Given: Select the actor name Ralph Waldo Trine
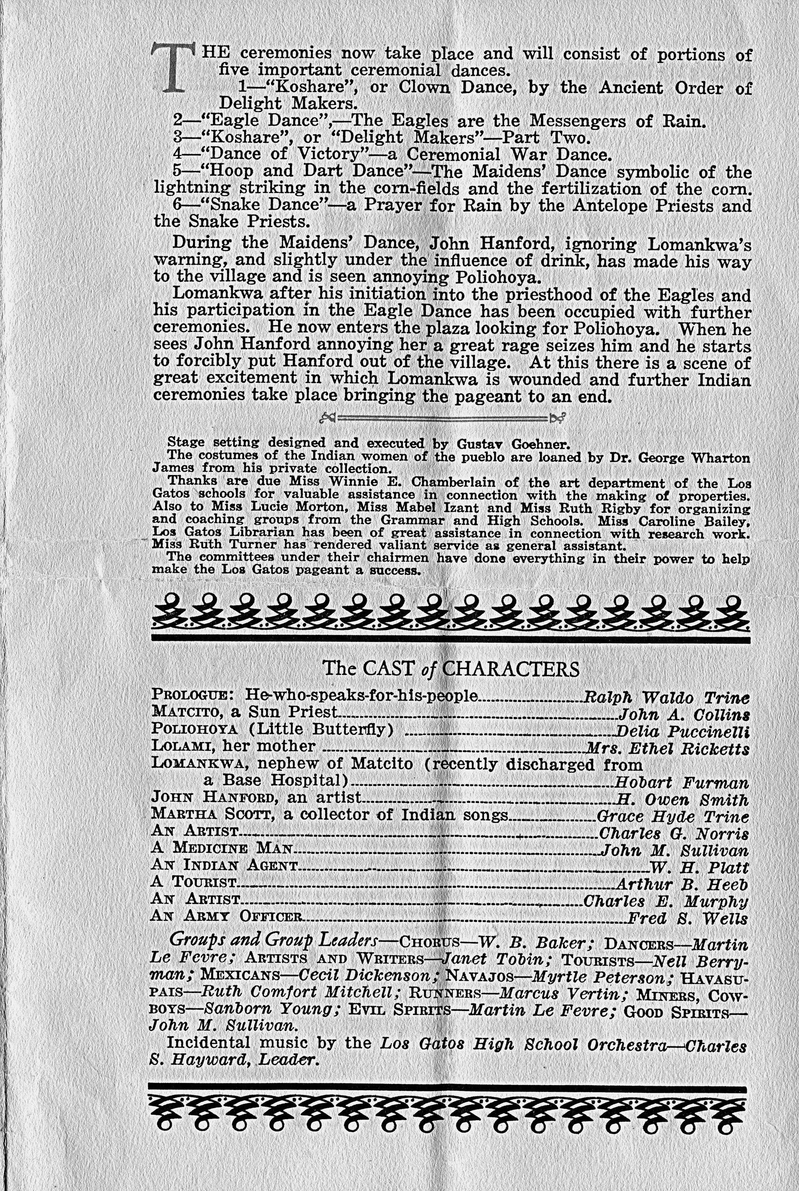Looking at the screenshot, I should pyautogui.click(x=666, y=697).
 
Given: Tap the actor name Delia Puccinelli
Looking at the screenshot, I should pyautogui.click(x=682, y=732).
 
